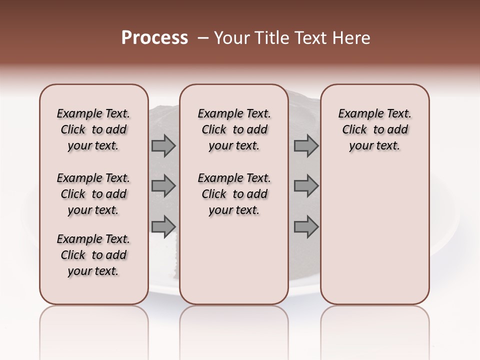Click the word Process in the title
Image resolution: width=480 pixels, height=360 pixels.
pos(154,38)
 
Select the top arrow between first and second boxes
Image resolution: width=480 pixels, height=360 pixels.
pos(163,146)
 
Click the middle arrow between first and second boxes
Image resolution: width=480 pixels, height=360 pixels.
pos(163,186)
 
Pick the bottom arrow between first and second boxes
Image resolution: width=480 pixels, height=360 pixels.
pos(163,226)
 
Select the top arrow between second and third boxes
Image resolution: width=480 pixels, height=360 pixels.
pos(306,146)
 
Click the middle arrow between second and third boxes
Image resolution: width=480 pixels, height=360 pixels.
pos(306,186)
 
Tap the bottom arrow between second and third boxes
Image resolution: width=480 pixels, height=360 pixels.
pos(306,226)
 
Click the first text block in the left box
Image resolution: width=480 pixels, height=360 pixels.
pos(93,129)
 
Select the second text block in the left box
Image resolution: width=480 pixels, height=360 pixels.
pos(93,194)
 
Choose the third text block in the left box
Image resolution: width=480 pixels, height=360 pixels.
pos(93,255)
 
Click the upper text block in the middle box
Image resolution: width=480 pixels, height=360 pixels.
pos(234,129)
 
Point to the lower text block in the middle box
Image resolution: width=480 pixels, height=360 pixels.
pos(234,194)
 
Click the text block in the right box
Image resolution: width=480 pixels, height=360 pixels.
pos(374,129)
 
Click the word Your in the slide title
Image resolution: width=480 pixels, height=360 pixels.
pos(231,38)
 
